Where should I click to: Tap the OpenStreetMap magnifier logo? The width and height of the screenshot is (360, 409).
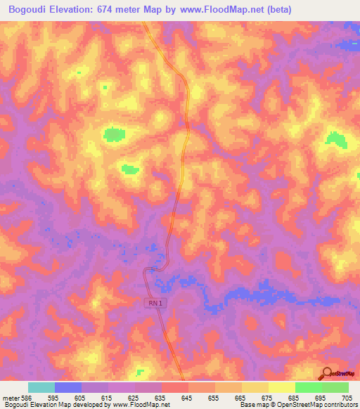click(x=327, y=373)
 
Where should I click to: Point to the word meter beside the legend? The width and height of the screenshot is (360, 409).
click(x=8, y=397)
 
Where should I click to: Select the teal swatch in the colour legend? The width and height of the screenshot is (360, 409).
click(x=41, y=387)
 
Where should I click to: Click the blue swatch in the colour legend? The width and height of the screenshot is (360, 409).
click(x=67, y=387)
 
